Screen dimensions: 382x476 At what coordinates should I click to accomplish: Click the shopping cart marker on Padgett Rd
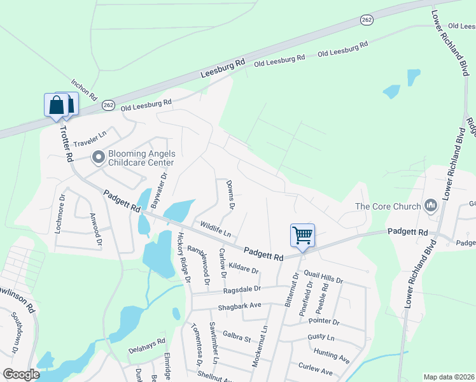[x=302, y=235]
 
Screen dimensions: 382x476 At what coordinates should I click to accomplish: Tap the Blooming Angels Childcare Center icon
[x=98, y=157]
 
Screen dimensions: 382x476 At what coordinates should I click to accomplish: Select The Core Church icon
[x=431, y=206]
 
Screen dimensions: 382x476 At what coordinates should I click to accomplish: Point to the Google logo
[x=21, y=374]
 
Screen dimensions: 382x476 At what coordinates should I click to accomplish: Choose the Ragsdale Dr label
[x=242, y=290]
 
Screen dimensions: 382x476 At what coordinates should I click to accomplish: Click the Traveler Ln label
[x=94, y=138]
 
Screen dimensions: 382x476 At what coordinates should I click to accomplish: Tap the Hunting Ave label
[x=331, y=355]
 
